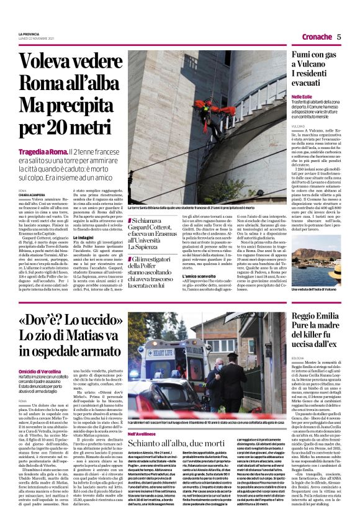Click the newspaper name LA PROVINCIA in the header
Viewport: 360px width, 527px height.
[x=29, y=34]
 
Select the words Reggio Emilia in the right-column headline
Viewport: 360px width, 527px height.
[x=319, y=318]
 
